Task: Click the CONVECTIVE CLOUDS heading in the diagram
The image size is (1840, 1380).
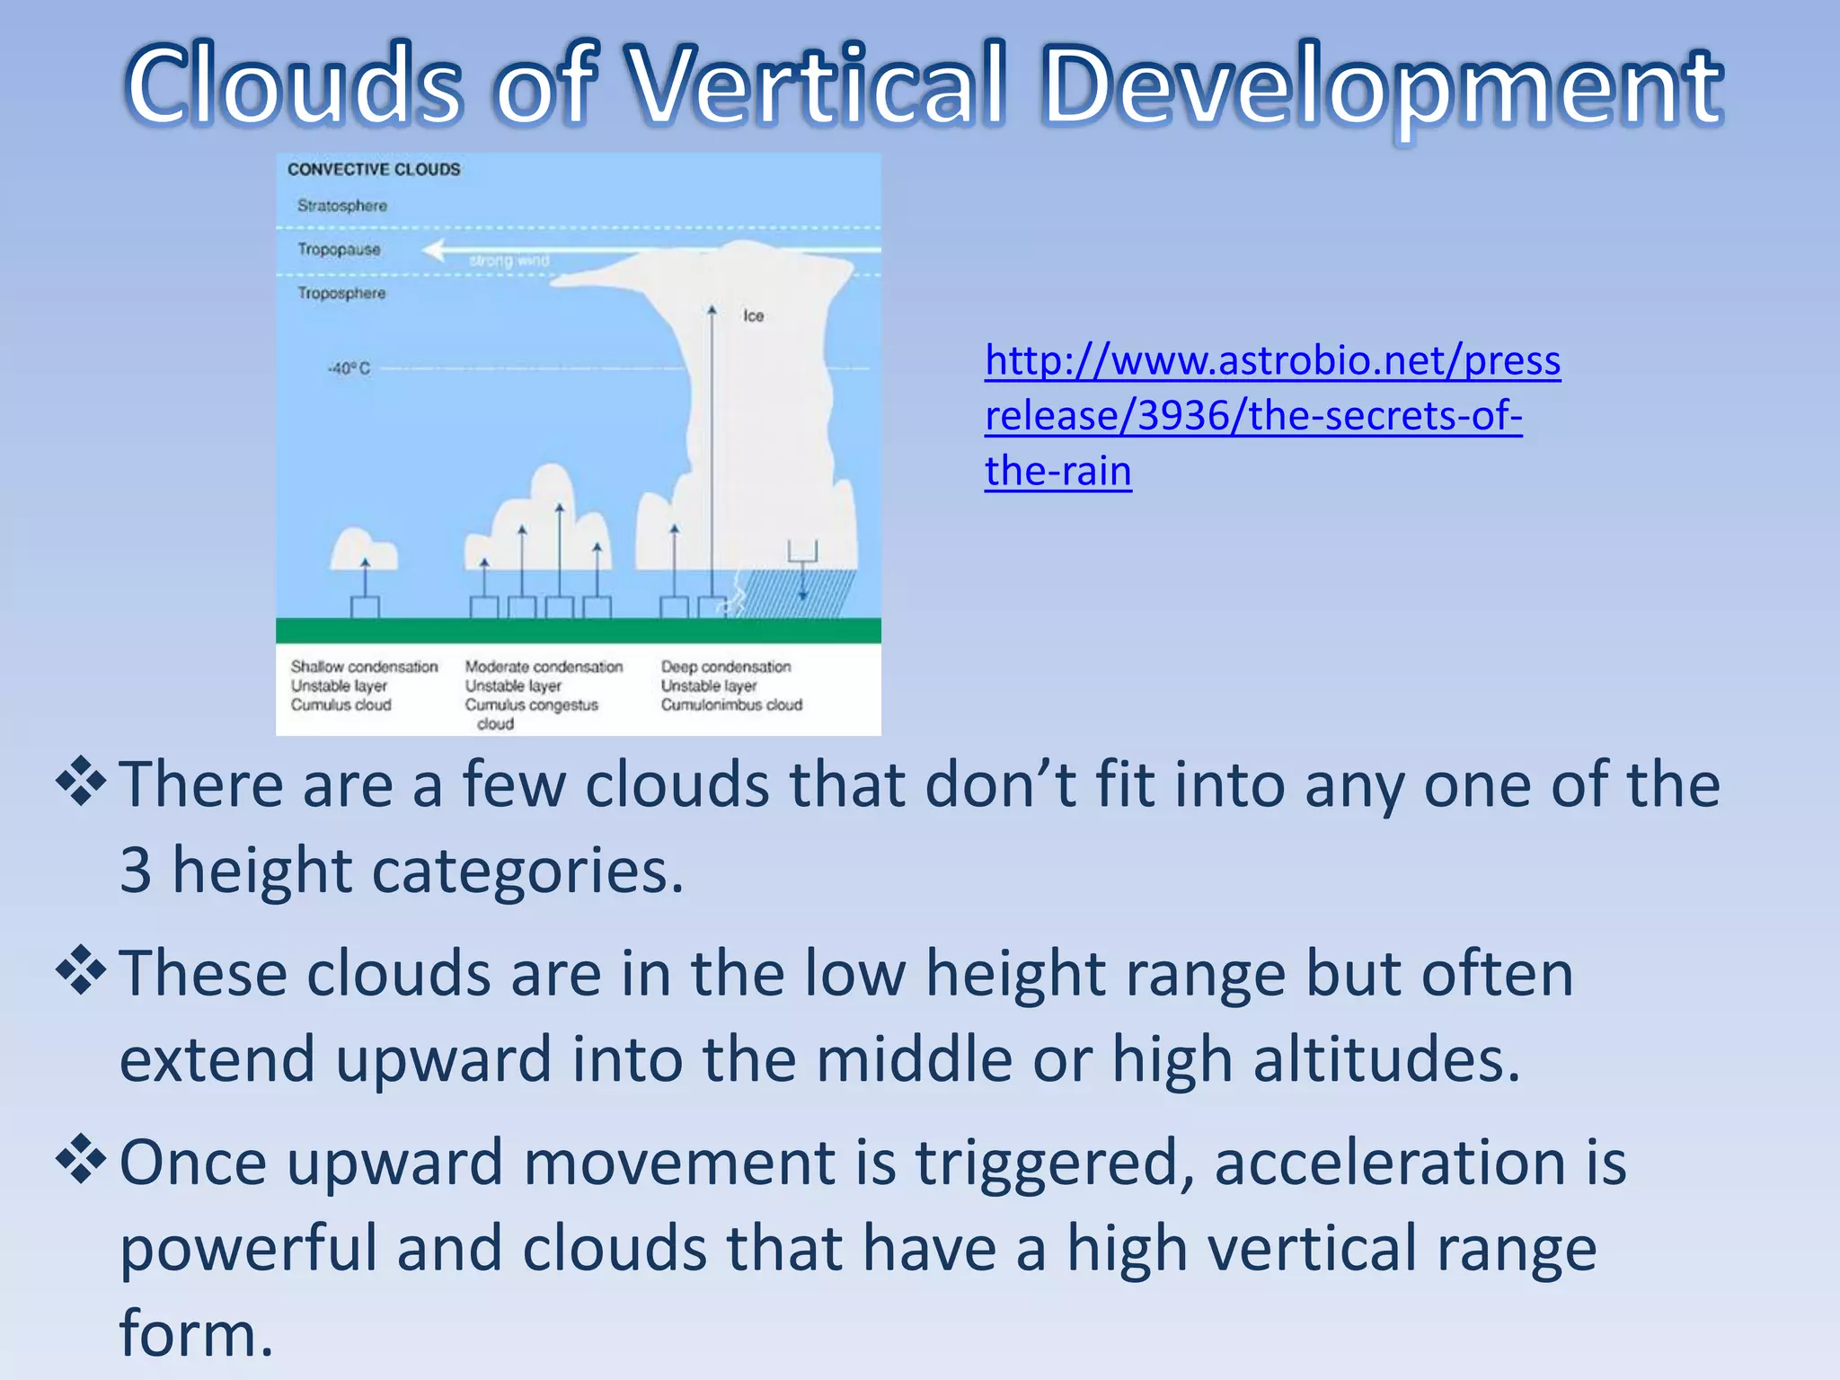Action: click(x=374, y=169)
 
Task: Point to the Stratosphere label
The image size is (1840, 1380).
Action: click(x=342, y=206)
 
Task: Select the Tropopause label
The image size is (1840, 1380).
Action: click(x=339, y=249)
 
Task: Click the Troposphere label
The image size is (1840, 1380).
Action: click(x=341, y=293)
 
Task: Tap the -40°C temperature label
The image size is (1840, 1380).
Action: click(x=349, y=368)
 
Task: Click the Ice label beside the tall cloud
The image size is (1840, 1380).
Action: click(x=753, y=315)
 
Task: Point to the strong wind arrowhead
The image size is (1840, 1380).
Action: click(x=435, y=250)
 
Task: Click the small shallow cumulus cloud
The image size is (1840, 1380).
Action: click(x=362, y=550)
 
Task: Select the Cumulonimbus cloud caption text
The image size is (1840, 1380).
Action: click(x=731, y=704)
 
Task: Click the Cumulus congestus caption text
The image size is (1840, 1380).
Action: click(x=531, y=705)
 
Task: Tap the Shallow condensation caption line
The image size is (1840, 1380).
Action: click(x=364, y=667)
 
